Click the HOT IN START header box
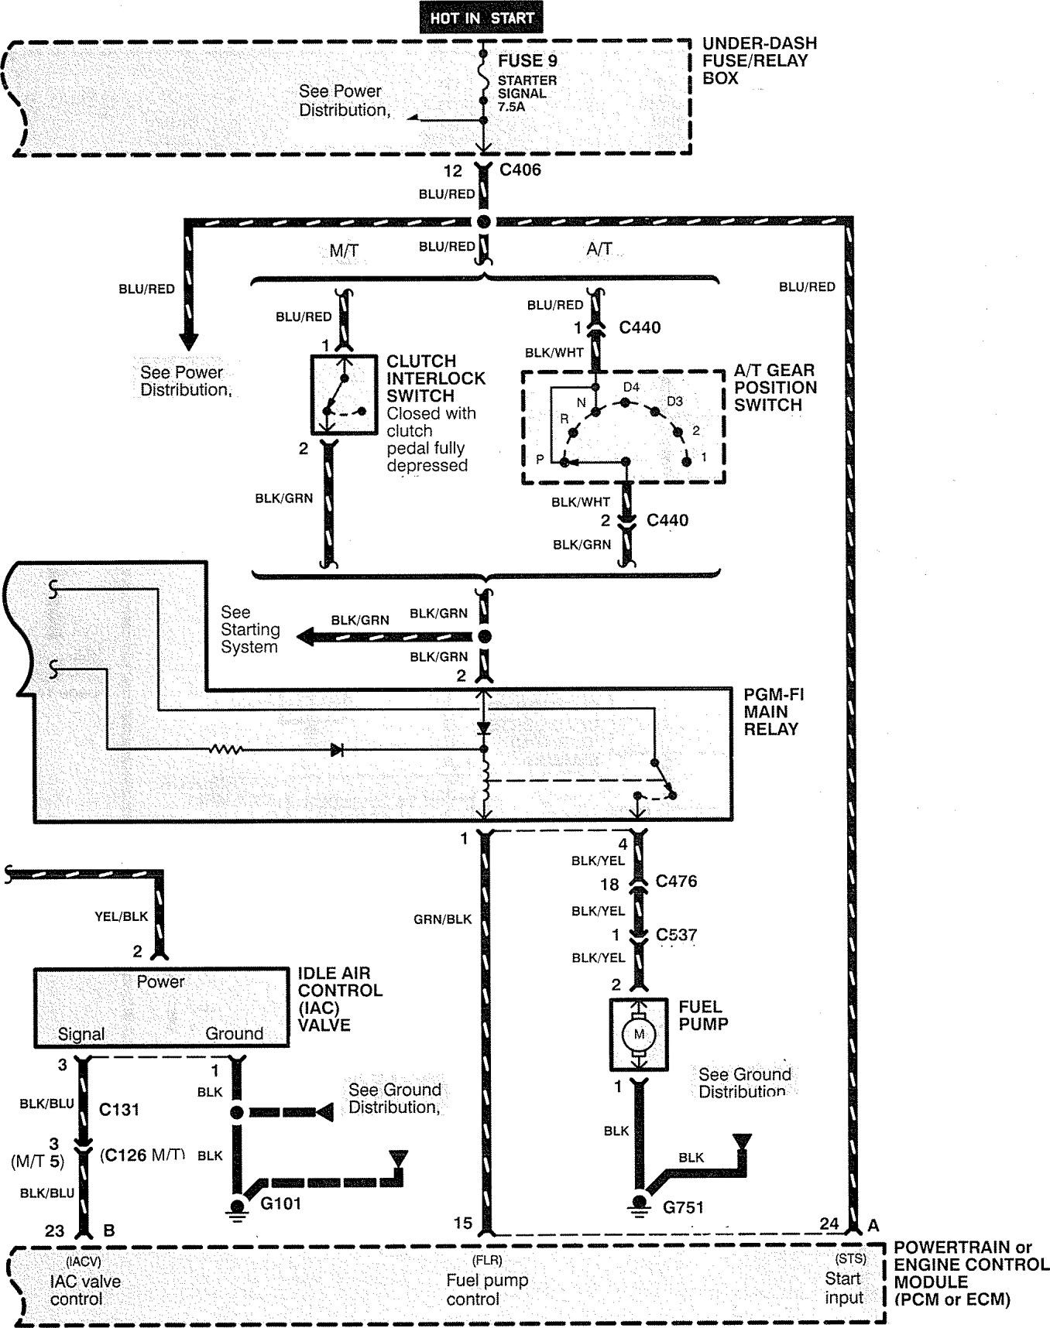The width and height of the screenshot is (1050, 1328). click(x=482, y=18)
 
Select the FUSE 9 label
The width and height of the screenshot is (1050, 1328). click(x=527, y=60)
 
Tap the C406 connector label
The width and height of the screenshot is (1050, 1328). click(x=520, y=170)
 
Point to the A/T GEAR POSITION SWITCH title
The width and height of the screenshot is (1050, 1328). click(x=775, y=387)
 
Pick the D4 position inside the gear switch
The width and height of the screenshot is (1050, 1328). click(x=632, y=386)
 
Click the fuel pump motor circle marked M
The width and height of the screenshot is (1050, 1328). click(x=639, y=1034)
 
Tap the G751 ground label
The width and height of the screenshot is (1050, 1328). click(x=683, y=1206)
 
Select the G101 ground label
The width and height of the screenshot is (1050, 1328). click(x=280, y=1203)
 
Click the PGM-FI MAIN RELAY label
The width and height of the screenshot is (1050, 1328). click(x=774, y=711)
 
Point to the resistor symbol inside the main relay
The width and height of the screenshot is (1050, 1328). click(x=227, y=749)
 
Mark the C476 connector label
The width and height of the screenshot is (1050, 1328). click(x=676, y=881)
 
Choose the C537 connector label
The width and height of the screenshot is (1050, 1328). click(x=676, y=935)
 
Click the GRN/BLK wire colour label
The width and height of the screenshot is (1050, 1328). click(x=442, y=919)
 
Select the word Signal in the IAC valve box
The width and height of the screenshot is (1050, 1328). click(x=81, y=1034)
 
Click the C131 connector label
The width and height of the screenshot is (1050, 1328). click(x=120, y=1110)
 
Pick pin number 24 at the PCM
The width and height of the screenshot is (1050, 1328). click(x=829, y=1224)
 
